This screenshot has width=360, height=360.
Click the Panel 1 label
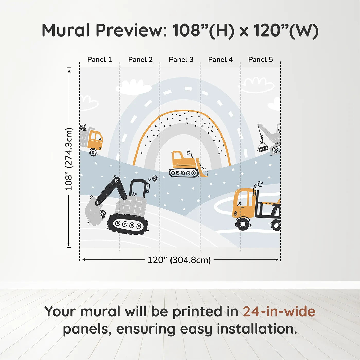coord(100,60)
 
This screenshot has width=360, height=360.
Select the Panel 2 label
coord(140,60)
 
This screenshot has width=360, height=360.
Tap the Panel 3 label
coord(181,60)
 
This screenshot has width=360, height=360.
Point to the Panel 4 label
coord(220,60)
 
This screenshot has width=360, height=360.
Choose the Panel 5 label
coord(260,60)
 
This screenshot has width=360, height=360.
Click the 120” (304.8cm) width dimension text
coord(179,260)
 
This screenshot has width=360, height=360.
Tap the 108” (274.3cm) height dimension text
coord(68,159)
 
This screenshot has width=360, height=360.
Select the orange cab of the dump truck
coord(95,139)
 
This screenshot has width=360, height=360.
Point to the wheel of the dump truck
coord(93,152)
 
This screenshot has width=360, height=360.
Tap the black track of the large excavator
coord(128,224)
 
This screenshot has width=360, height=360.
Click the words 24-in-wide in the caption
coord(279,312)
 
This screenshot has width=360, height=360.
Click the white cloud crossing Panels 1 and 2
coord(133,87)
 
